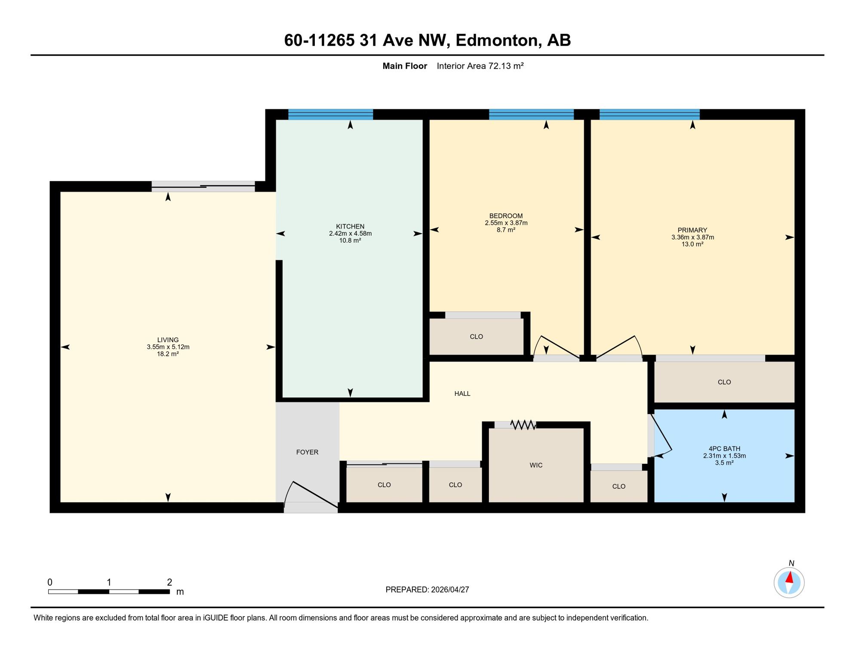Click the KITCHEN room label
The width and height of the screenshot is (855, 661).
[x=350, y=226]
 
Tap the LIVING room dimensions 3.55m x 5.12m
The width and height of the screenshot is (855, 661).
[x=168, y=347]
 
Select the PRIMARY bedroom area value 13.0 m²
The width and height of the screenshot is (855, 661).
[x=692, y=244]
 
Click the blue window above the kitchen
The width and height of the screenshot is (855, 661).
[x=330, y=114]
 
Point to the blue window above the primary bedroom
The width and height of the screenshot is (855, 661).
[x=649, y=114]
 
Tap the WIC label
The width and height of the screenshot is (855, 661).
[x=536, y=465]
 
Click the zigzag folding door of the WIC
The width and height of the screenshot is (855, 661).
[x=523, y=425]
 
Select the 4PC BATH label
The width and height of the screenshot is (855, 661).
[x=724, y=448]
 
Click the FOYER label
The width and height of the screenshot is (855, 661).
[x=307, y=452]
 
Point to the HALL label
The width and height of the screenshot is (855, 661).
[x=462, y=393]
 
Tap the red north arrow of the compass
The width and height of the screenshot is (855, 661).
[x=790, y=578]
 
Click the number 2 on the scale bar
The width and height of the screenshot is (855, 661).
[x=169, y=582]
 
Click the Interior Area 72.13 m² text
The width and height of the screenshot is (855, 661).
[x=480, y=66]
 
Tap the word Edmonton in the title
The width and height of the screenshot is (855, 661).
[x=496, y=40]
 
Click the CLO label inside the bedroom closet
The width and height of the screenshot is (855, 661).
[x=476, y=337]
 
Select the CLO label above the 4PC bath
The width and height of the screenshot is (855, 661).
[x=724, y=382]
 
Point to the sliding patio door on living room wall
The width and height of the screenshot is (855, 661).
[x=203, y=186]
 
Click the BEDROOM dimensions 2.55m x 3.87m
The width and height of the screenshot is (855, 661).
[x=506, y=223]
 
